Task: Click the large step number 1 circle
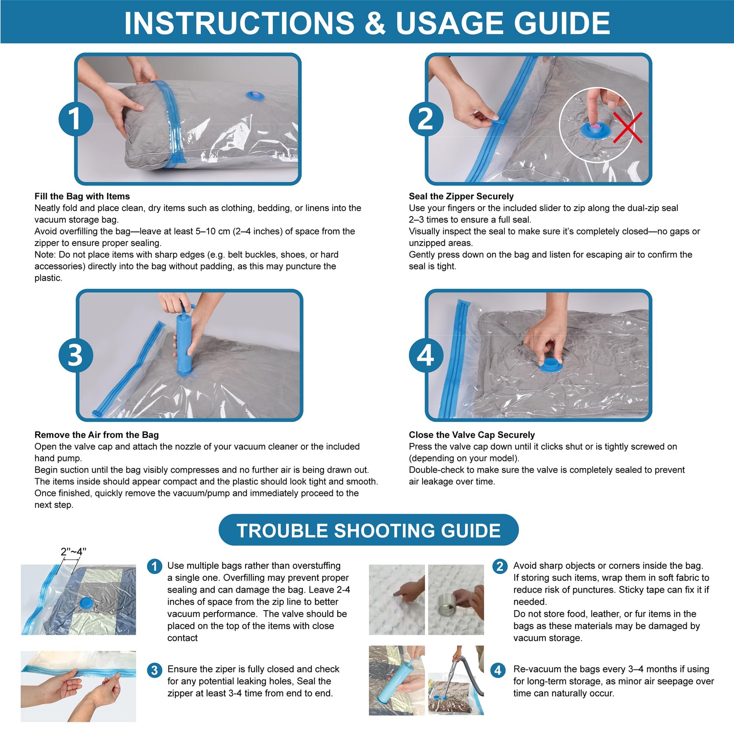point(75,118)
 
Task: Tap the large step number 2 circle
point(426,118)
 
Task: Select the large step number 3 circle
point(75,355)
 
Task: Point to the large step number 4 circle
point(426,355)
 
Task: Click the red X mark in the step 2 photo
point(628,127)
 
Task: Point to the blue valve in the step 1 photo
point(255,95)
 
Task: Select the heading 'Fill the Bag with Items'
point(82,196)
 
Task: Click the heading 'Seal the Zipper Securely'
point(461,196)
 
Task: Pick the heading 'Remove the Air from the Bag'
point(97,435)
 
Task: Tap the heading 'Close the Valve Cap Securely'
point(471,435)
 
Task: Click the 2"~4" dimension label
point(73,551)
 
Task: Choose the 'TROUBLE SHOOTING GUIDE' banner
point(369,530)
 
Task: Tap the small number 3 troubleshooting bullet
point(154,670)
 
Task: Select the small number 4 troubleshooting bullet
point(498,670)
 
